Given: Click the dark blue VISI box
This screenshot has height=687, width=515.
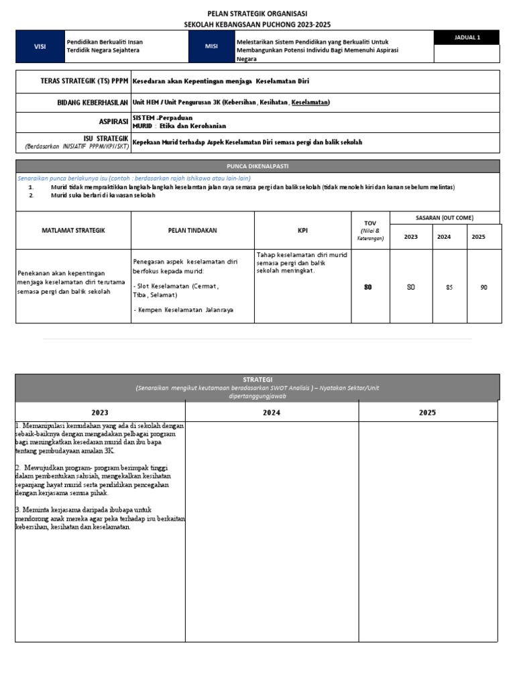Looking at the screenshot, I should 40,46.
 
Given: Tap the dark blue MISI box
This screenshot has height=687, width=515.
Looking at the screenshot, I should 211,46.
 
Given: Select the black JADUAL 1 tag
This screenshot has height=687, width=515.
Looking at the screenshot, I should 467,38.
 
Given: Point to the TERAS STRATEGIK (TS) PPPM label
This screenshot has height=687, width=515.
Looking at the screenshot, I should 84,81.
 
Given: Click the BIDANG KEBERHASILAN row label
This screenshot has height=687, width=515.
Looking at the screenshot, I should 93,102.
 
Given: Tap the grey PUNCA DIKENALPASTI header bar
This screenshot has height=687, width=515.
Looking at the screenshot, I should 257,166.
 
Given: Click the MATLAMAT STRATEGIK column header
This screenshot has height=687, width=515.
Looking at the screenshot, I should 74,230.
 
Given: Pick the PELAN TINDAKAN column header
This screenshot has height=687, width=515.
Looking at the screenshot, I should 193,230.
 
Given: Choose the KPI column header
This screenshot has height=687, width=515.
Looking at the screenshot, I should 302,230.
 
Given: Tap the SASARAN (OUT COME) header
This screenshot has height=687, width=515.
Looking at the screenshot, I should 445,218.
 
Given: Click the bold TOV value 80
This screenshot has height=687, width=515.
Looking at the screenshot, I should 367,287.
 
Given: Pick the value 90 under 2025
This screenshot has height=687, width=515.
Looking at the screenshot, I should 483,287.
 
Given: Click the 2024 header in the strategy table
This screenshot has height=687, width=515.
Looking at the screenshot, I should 272,412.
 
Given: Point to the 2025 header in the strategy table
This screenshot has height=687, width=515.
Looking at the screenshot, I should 427,412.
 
